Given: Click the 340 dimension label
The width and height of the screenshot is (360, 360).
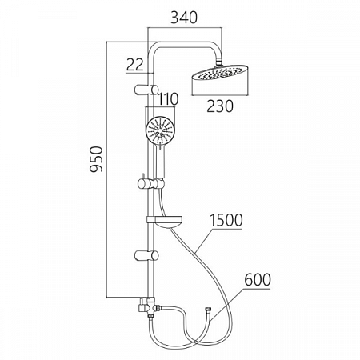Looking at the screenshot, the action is click(x=184, y=18).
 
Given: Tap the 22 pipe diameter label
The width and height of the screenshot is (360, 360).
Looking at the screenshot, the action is click(x=135, y=65).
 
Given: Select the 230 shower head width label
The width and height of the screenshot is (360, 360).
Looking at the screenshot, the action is click(x=220, y=106).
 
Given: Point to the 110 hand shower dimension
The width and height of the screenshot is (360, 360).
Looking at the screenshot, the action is click(x=168, y=99).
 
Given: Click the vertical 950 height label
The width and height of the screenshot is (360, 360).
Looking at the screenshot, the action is click(x=96, y=159).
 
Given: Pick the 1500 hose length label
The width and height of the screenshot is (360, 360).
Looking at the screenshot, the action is click(x=226, y=220).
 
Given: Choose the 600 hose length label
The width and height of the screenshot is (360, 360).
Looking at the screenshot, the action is click(x=258, y=280).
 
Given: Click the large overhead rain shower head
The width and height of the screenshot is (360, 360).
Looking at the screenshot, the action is click(x=220, y=73).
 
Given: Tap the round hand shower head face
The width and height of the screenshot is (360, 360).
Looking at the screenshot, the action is click(x=160, y=130).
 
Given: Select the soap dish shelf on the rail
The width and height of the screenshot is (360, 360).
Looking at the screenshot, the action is click(x=165, y=222).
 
